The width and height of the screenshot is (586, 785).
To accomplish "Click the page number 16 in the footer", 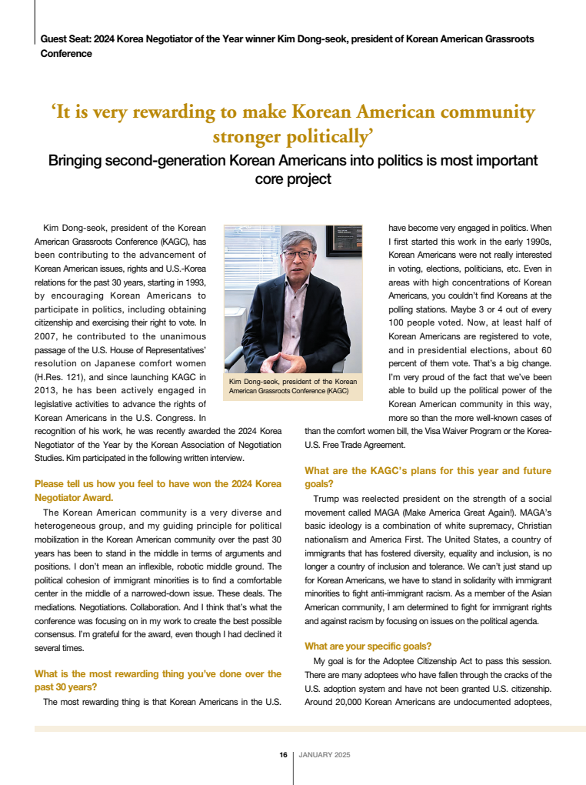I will (283, 755).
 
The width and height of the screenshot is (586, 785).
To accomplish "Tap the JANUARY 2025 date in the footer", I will (324, 755).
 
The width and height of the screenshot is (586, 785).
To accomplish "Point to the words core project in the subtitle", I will (293, 179).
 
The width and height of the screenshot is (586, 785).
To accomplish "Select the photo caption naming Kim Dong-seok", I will (293, 386).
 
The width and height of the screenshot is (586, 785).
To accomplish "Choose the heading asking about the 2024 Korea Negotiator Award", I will (158, 491).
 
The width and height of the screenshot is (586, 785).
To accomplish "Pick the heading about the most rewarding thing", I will (158, 680).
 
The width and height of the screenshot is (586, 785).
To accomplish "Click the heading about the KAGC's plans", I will (428, 477).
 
